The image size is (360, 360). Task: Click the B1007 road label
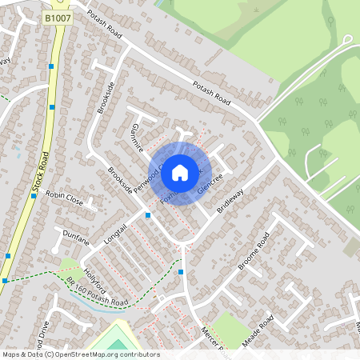point(57,17)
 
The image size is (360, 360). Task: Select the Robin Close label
point(64,194)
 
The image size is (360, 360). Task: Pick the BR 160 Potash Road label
point(98,294)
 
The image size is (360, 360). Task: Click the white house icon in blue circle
point(180,172)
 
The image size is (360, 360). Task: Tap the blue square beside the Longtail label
point(148,215)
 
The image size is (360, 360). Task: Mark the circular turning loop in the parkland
point(347,38)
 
